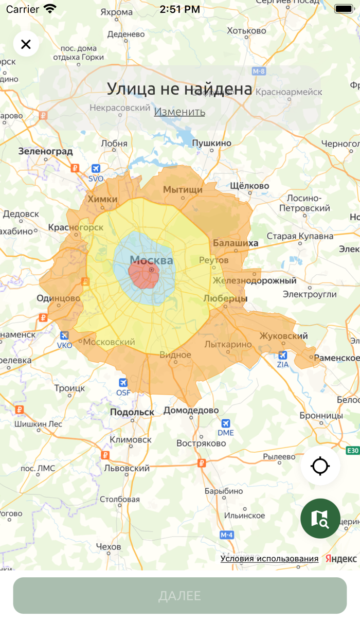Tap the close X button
click(26, 44)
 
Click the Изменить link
click(179, 112)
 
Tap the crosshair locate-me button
click(320, 466)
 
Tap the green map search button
click(320, 518)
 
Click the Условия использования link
click(269, 559)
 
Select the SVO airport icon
click(96, 169)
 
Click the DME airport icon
click(225, 423)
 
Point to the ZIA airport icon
click(282, 355)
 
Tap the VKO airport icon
click(64, 336)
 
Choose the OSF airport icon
click(123, 383)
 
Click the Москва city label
click(151, 260)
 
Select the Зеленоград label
click(45, 151)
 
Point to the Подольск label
click(132, 412)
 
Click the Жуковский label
click(283, 336)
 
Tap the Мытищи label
click(183, 190)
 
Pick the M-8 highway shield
click(259, 71)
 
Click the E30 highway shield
click(352, 451)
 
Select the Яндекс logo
click(341, 559)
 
